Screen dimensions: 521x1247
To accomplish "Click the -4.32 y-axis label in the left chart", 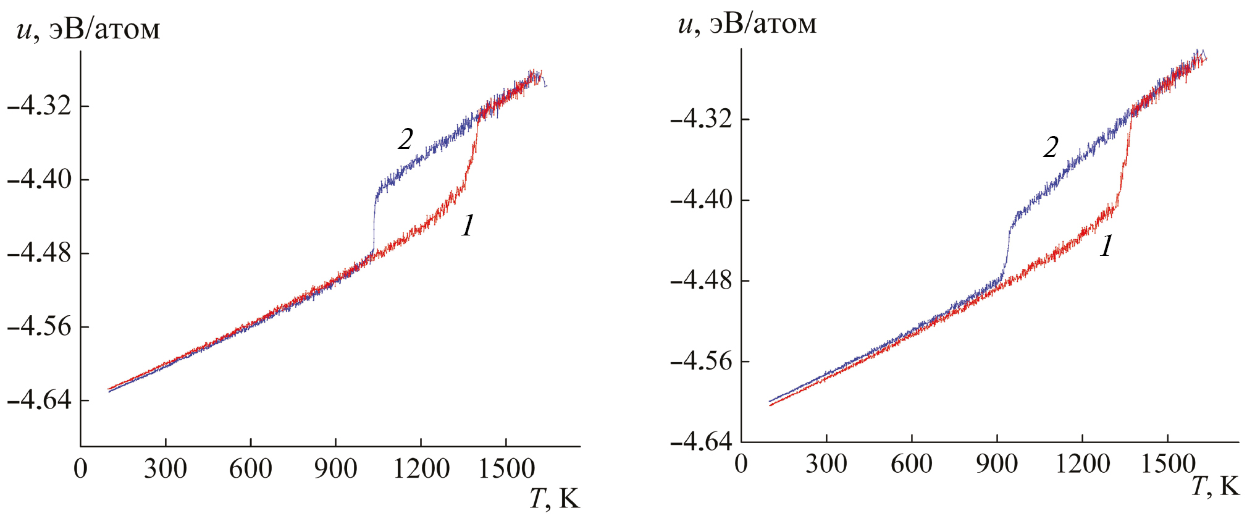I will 38,106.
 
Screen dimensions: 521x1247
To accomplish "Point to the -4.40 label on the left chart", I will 38,180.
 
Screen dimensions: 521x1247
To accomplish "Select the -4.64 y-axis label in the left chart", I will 38,400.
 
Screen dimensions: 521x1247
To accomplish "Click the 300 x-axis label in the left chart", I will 166,468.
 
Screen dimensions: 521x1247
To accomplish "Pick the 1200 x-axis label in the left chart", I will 421,468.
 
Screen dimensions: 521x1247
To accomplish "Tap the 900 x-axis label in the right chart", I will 997,464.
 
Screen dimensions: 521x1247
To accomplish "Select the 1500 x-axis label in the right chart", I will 1167,464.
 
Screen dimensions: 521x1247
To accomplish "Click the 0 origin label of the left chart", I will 80,468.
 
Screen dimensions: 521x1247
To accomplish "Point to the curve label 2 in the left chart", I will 405,140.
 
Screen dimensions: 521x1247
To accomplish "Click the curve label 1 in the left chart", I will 468,226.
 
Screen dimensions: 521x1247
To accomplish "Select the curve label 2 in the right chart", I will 1051,147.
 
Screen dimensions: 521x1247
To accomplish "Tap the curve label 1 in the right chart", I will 1106,246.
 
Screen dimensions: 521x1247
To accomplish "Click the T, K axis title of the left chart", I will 555,498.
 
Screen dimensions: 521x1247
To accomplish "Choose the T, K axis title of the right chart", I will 1215,486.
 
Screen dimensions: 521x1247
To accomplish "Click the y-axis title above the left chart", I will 88,29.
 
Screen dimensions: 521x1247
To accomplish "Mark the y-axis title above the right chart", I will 747,23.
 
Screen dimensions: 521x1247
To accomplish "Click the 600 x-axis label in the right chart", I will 912,464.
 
